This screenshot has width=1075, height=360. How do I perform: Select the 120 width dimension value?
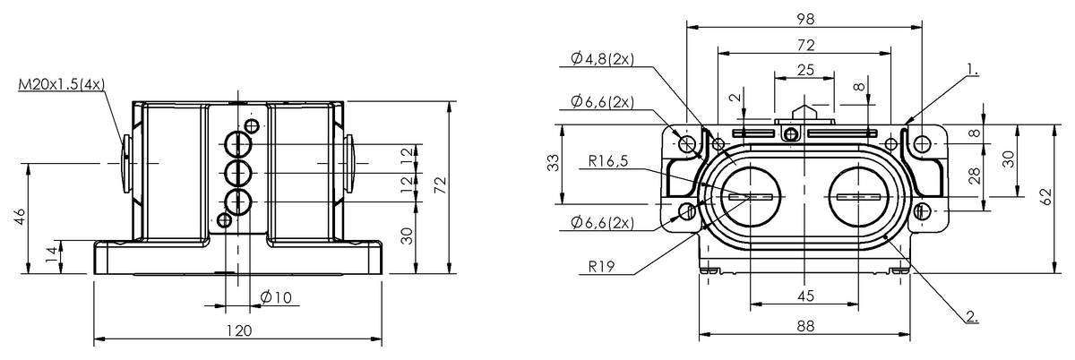tap(237, 330)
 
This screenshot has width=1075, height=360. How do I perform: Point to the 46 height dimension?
tap(20, 217)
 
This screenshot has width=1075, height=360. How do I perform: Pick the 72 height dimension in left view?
tap(440, 185)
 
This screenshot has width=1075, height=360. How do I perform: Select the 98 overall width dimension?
tap(804, 18)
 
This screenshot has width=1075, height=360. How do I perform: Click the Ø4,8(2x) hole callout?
tap(601, 59)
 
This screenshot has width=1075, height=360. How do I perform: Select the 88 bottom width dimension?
tap(804, 328)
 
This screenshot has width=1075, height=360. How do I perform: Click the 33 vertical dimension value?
tap(554, 163)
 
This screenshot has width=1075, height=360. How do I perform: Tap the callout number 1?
tap(973, 68)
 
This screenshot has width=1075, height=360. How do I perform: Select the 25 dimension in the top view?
tap(804, 70)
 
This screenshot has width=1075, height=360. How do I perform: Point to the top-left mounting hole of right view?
tap(687, 143)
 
